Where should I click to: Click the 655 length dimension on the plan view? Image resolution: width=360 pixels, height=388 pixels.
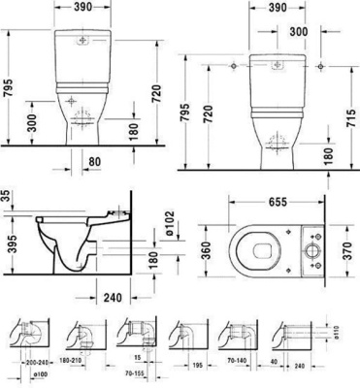click(x=276, y=205)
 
